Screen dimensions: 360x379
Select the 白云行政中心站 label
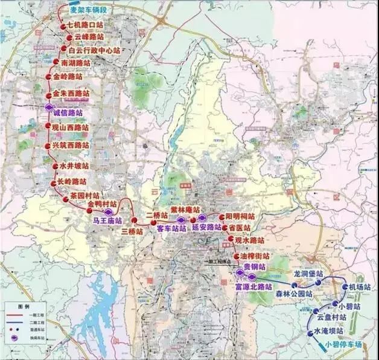pos(94,51)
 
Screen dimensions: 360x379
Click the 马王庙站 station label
pos(107,221)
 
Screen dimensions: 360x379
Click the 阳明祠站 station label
pos(240,216)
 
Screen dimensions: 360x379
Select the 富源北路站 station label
pos(253,288)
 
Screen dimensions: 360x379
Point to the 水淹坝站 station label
pos(329,332)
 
